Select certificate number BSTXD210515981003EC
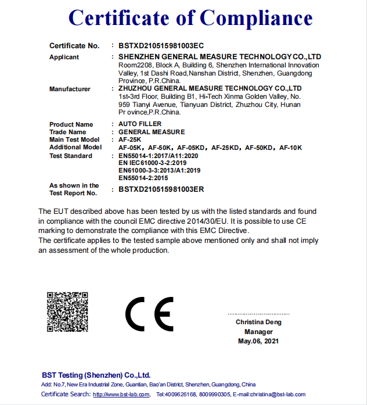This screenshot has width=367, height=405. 161,45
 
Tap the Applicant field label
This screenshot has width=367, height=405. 64,57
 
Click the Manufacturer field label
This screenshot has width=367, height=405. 70,89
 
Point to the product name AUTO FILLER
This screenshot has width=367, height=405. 140,124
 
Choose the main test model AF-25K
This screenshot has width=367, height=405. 131,140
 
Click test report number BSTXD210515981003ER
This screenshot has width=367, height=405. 161,189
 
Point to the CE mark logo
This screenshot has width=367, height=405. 149,314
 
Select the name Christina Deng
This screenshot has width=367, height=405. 258,322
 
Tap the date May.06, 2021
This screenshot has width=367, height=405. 258,341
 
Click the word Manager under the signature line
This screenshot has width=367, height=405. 258,332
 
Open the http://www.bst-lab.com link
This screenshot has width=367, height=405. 121,395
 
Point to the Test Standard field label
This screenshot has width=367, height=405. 71,156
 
